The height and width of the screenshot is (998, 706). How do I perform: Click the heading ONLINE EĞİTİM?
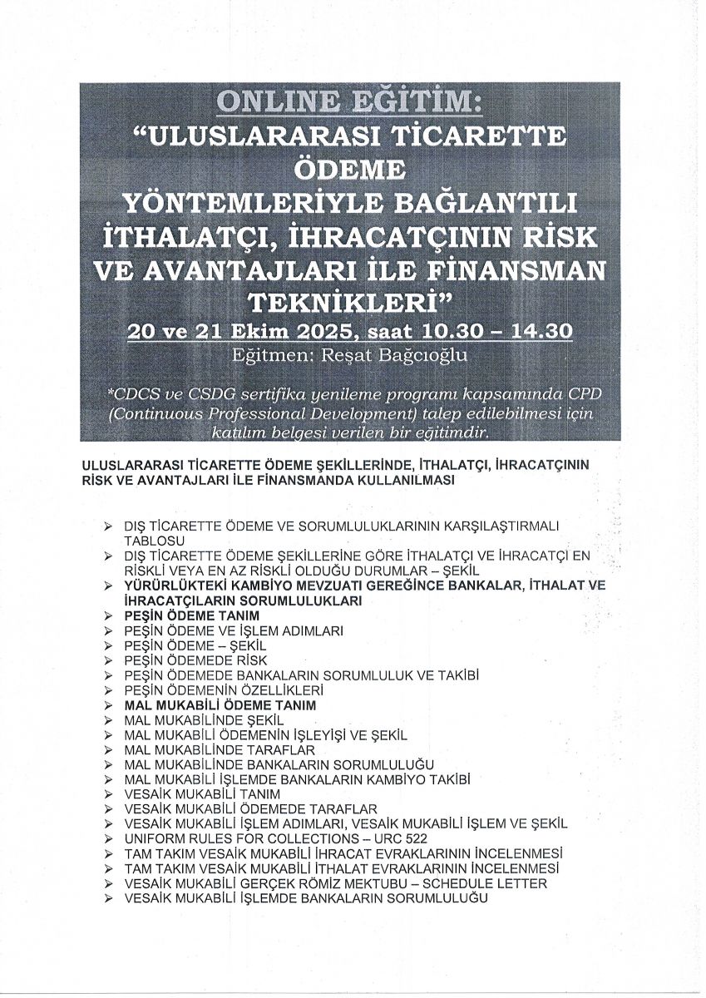click(x=348, y=104)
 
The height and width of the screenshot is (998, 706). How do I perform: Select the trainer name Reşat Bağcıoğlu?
click(x=349, y=354)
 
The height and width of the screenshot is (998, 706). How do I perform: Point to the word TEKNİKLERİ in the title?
click(x=348, y=299)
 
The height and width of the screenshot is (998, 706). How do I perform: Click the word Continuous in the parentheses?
click(x=158, y=413)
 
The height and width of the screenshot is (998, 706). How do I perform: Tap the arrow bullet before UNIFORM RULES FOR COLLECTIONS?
click(x=108, y=839)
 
